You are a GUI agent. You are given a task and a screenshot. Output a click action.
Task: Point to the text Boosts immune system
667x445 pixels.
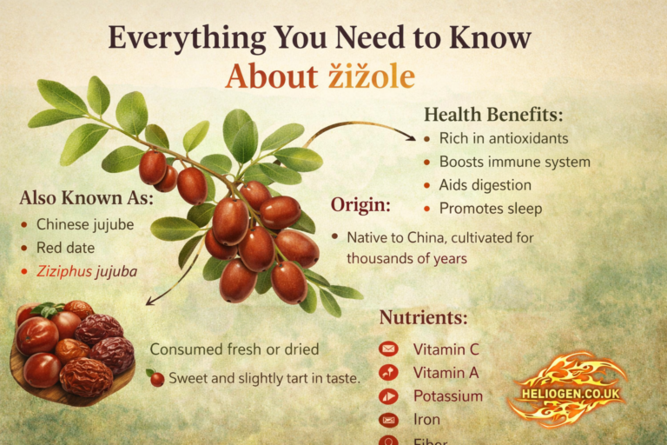click(x=514, y=162)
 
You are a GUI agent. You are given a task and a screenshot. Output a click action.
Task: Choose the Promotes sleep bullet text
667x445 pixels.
click(x=491, y=209)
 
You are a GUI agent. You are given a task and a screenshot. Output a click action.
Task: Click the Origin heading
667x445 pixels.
click(x=360, y=206)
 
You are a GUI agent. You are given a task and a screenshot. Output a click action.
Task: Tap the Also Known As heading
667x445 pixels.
click(x=86, y=198)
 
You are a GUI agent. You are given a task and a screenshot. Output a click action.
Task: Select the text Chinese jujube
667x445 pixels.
click(x=85, y=224)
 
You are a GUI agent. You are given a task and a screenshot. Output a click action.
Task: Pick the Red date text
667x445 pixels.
click(x=66, y=248)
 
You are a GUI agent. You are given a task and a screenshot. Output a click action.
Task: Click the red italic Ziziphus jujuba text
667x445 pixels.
click(x=86, y=271)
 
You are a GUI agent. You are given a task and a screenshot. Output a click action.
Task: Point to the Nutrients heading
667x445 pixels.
click(x=423, y=318)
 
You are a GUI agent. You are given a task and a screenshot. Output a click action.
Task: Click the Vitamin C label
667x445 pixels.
click(x=446, y=349)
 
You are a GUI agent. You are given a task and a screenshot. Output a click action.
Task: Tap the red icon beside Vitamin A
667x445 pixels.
click(x=388, y=373)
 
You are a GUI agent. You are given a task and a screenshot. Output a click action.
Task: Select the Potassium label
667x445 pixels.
click(x=447, y=396)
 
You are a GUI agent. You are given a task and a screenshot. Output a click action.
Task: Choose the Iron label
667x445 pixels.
click(x=426, y=420)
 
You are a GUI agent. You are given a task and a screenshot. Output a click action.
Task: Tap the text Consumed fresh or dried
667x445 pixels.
click(x=234, y=349)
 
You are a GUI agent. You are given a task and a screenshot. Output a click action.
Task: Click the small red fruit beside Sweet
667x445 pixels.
click(x=156, y=378)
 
